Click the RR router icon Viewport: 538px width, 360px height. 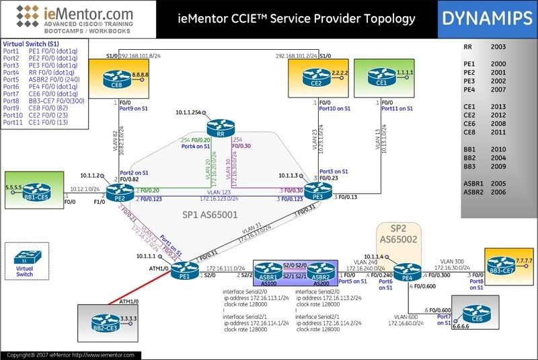click(x=219, y=127)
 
